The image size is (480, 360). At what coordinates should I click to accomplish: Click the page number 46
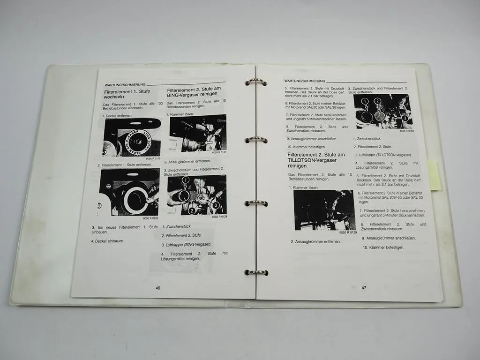pos(158,288)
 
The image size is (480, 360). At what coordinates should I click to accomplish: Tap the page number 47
pos(364,288)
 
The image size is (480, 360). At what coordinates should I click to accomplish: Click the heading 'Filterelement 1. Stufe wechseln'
pos(121,94)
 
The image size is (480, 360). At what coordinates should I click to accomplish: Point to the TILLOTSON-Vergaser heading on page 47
pos(316,160)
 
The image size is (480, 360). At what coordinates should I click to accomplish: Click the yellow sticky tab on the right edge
pos(434,175)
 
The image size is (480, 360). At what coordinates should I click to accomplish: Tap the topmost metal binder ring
pos(256,82)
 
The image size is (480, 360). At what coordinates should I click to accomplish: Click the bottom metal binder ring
pos(256,272)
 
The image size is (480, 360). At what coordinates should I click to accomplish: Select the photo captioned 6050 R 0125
pos(132,137)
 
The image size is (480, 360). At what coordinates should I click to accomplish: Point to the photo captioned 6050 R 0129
pos(324,210)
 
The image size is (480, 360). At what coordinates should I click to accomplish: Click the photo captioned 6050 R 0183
pos(383,111)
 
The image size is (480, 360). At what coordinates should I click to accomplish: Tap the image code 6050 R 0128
pos(219,217)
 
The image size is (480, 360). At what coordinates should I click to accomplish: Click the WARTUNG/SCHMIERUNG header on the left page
pos(125,84)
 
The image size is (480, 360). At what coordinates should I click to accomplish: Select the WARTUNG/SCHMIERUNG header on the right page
pos(305,81)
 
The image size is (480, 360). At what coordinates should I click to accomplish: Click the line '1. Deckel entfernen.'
pos(117,115)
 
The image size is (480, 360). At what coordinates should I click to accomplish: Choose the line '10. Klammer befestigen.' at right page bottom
pos(383,247)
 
